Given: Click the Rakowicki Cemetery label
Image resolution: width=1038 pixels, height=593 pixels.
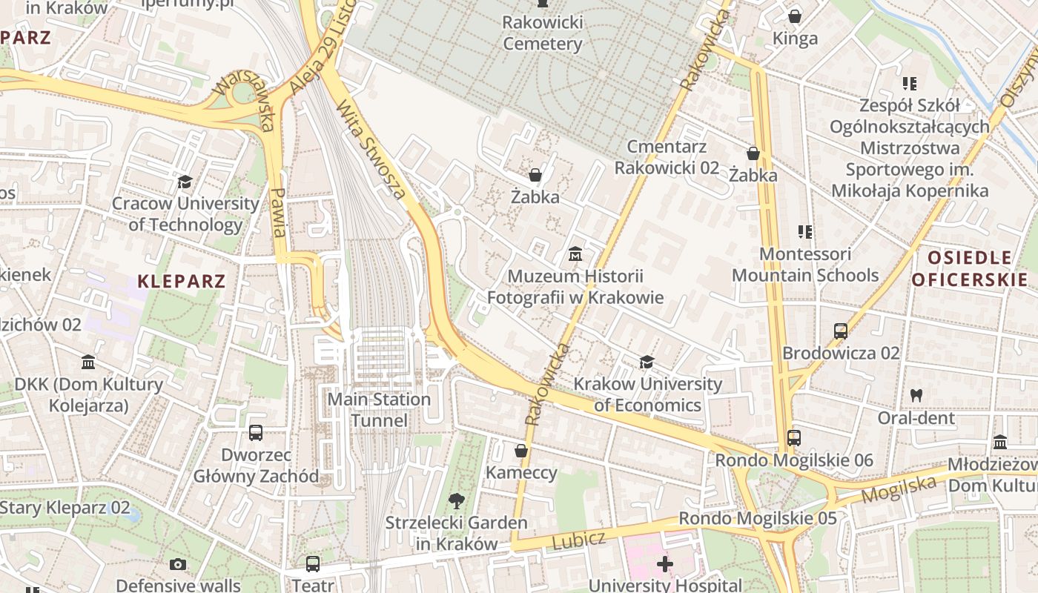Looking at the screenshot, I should [543, 33].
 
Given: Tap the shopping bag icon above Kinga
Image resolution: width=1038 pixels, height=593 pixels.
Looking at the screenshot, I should [795, 16].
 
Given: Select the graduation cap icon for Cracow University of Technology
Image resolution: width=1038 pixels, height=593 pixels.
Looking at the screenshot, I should [185, 182].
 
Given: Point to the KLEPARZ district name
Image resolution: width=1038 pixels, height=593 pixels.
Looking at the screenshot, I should [182, 282].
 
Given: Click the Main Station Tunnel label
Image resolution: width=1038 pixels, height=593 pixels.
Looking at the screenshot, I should [379, 410].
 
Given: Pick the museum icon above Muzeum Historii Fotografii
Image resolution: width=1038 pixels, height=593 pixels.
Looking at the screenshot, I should [575, 255].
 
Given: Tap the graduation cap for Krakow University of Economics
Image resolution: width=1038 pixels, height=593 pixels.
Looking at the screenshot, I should [647, 362].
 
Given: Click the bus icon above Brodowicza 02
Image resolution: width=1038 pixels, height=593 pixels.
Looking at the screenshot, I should [841, 331].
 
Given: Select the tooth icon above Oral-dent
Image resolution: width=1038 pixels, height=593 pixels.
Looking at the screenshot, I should [916, 396].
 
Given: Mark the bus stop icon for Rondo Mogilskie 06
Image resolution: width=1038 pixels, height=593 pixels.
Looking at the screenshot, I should [794, 438].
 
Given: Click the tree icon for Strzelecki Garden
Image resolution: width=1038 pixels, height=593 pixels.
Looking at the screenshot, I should [457, 501].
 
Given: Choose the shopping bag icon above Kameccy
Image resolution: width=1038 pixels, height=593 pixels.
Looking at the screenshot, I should [521, 451].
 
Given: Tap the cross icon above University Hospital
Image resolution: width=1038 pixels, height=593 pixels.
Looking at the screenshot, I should [665, 564].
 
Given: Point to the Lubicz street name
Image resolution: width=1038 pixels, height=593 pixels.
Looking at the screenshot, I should [579, 540].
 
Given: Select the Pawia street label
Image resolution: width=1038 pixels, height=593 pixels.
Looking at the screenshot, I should [279, 211].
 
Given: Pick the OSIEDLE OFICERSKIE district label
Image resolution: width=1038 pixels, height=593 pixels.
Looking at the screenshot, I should [970, 268].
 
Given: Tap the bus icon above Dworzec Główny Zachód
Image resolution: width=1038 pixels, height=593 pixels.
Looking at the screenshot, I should [256, 432].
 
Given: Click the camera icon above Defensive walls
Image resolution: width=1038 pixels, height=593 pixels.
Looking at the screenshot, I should [177, 565].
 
